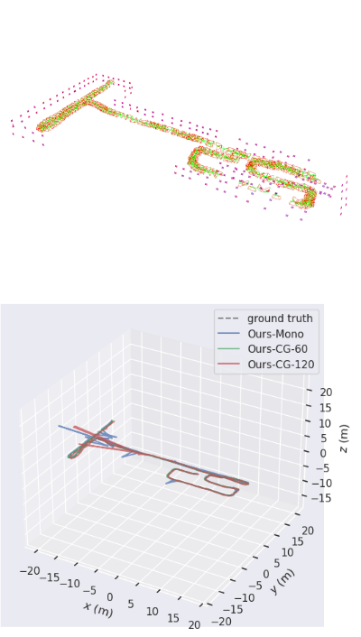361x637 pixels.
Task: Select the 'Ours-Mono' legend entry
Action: tap(275, 334)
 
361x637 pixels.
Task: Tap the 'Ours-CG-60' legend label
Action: tap(278, 349)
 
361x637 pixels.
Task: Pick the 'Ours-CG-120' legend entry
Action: tap(281, 365)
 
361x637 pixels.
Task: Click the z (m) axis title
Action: tap(344, 439)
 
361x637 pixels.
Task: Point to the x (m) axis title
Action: tap(98, 609)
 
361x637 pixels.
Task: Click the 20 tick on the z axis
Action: tap(326, 392)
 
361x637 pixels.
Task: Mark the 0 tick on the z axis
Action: tap(323, 453)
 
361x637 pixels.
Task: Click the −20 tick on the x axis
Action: tap(30, 571)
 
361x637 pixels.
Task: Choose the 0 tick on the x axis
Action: tap(109, 596)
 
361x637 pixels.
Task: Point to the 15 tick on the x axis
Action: tap(173, 618)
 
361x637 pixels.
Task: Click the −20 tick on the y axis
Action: tap(222, 622)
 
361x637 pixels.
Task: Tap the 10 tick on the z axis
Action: tap(326, 423)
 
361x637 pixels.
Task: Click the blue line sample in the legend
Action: tap(230, 334)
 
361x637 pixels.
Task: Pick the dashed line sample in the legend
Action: tap(230, 318)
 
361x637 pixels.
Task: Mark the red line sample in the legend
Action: tap(230, 365)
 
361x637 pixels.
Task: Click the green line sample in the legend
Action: tap(230, 349)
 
